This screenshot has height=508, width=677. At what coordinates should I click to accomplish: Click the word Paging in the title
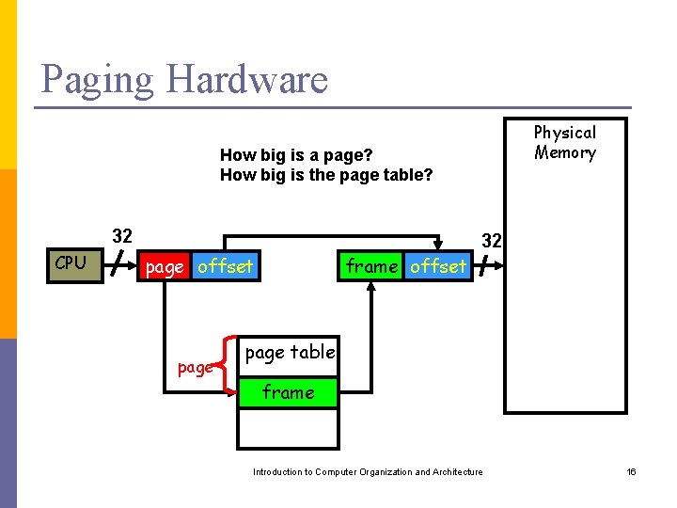click(98, 80)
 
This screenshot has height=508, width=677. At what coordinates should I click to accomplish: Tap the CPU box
click(71, 263)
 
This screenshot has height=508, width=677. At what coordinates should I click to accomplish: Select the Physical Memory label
click(565, 143)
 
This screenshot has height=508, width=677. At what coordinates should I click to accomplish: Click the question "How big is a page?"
click(296, 154)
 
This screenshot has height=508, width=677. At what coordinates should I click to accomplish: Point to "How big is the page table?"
click(326, 174)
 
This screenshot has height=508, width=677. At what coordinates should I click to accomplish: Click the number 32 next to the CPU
click(122, 235)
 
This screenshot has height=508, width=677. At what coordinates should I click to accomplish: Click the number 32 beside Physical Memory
click(492, 241)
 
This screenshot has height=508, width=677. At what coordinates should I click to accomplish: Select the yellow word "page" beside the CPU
click(165, 267)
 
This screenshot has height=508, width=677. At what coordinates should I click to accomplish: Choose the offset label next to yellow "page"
click(225, 267)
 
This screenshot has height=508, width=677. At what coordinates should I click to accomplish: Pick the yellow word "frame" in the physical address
click(371, 266)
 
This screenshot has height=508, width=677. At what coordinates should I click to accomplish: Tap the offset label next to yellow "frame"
click(438, 266)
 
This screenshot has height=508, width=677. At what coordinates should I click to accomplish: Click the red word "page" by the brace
click(195, 368)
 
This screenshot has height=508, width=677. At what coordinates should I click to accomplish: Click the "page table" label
click(290, 353)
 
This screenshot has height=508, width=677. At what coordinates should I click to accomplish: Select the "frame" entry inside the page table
click(288, 392)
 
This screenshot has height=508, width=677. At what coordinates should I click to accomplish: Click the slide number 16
click(632, 472)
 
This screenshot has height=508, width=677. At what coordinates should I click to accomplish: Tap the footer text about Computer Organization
click(368, 472)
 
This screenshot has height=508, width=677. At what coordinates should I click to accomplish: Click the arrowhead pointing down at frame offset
click(437, 247)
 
